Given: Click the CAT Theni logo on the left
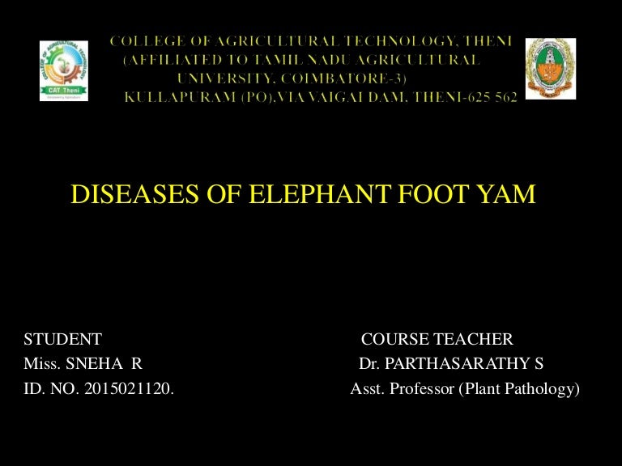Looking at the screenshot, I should [x=64, y=70].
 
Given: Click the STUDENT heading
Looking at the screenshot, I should [x=62, y=339].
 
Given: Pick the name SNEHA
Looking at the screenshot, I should [x=92, y=364].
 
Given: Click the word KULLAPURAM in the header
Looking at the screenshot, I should [x=169, y=97].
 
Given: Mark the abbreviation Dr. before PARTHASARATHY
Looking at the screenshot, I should [x=369, y=364].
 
